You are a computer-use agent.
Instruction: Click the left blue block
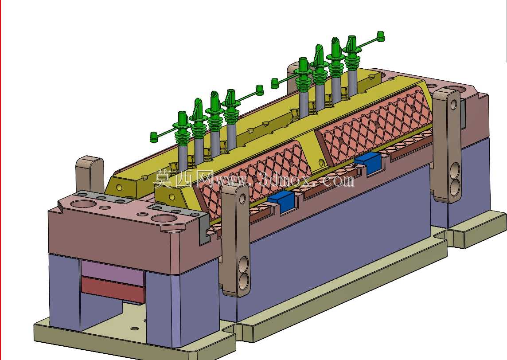281,202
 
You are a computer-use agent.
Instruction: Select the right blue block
368,162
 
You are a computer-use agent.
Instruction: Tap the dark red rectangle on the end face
113,290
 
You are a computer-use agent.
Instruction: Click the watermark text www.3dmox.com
285,180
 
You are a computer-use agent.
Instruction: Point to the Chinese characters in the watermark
183,179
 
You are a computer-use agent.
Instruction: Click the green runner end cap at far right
381,36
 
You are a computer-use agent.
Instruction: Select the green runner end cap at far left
154,137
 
